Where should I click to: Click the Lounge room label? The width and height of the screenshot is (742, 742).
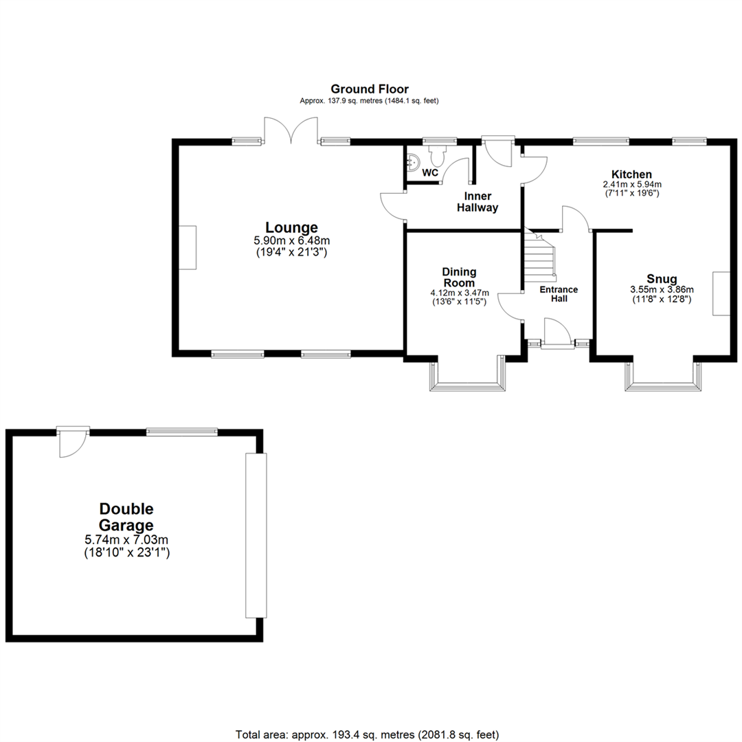click(x=292, y=227)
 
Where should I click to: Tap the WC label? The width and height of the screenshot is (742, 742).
click(x=430, y=172)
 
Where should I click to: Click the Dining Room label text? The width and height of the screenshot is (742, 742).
click(x=459, y=277)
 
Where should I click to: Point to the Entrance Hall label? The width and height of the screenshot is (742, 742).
click(x=558, y=294)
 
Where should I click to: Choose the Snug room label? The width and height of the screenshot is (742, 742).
click(x=662, y=279)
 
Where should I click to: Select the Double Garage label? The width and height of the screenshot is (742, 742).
click(x=126, y=517)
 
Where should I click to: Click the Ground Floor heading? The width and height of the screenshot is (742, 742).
click(x=370, y=89)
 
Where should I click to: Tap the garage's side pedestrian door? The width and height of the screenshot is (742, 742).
click(x=73, y=440)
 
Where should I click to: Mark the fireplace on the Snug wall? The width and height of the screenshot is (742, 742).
click(x=721, y=293)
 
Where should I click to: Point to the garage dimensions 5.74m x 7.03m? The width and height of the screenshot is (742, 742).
click(x=126, y=540)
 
